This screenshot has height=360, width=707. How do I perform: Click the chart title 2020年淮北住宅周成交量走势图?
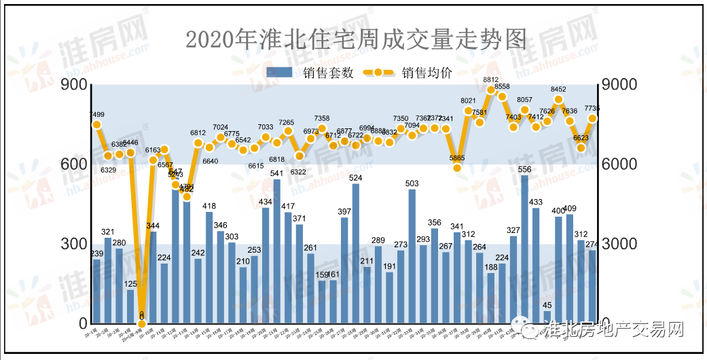356,39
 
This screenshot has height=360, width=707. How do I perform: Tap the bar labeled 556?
525,249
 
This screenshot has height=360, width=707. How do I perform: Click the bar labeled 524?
356,253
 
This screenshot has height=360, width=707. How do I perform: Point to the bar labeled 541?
277,251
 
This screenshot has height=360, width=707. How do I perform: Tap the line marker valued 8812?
491,90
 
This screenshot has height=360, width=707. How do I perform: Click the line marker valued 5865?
457,168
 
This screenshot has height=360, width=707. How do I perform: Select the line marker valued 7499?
96,124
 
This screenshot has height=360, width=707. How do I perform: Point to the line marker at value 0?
142,323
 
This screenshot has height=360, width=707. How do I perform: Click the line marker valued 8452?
558,99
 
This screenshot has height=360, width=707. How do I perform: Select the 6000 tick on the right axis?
618,164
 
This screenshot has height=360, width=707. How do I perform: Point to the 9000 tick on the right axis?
618,85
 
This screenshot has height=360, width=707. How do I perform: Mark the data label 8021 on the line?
469,101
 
